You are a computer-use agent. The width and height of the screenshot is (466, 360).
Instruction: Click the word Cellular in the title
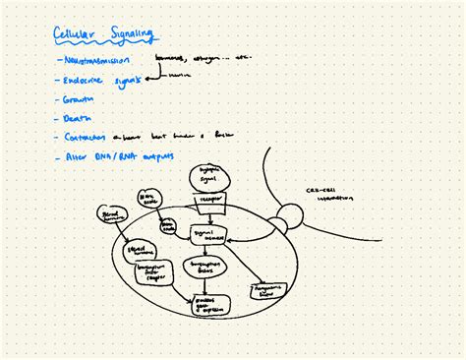pyautogui.click(x=76, y=36)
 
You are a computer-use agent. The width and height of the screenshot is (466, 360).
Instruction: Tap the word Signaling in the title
pyautogui.click(x=129, y=36)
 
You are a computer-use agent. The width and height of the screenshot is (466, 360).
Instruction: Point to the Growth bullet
pyautogui.click(x=79, y=99)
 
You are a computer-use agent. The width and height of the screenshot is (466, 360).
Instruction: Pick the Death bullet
pyautogui.click(x=76, y=118)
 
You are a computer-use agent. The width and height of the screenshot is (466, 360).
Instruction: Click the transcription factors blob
pyautogui.click(x=204, y=269)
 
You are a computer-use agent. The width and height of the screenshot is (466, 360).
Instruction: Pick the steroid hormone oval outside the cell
pyautogui.click(x=110, y=215)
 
